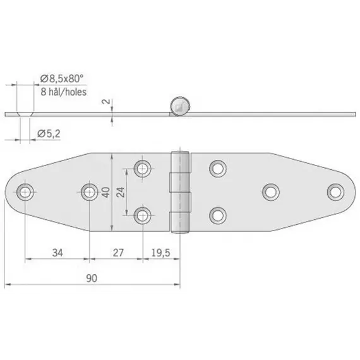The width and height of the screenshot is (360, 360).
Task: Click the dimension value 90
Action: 92,276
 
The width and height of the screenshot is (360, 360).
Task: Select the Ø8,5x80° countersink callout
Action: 63,78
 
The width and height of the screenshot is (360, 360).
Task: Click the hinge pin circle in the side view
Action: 179,106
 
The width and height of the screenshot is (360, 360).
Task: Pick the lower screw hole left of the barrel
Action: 143,215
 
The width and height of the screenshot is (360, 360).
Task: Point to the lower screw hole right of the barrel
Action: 218,215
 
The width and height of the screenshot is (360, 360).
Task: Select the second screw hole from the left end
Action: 88,191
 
